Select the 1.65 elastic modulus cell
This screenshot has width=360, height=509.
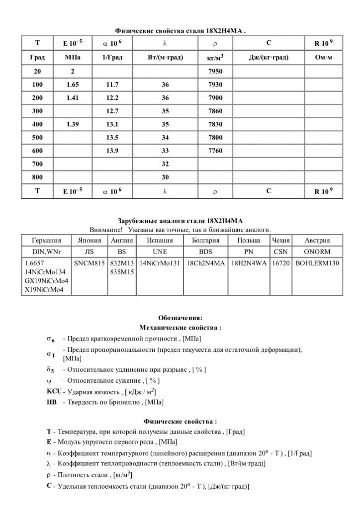72,85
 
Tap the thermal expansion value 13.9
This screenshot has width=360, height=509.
112,151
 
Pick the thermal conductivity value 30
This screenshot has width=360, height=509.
166,177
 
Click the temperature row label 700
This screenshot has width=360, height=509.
37,164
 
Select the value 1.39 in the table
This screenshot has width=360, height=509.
72,124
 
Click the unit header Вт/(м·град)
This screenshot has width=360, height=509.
166,58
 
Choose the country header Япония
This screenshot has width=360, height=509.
90,240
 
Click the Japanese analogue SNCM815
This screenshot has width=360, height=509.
90,263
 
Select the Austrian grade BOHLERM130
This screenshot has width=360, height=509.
317,263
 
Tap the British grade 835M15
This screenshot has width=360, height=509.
122,272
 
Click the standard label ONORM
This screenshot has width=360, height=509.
317,252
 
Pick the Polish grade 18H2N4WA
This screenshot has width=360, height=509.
249,263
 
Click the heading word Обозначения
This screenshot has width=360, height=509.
180,318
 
